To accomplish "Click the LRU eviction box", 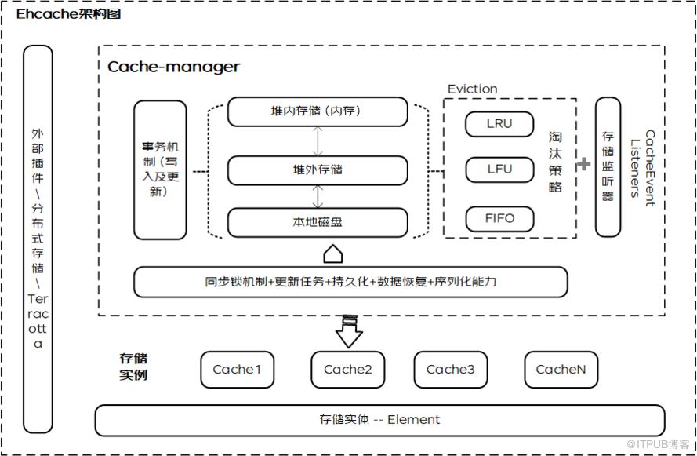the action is click(499, 124).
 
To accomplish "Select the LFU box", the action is click(499, 170).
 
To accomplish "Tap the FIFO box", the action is click(499, 219).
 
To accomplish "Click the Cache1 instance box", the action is click(237, 370).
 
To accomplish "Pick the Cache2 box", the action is click(347, 370).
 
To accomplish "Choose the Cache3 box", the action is click(450, 370).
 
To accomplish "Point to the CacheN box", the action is click(561, 370).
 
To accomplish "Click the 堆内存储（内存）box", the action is click(318, 111).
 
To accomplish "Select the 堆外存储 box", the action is click(318, 170).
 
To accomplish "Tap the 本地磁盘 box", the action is click(318, 222).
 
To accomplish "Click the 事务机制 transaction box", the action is click(160, 170).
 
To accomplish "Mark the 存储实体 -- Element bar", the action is click(380, 421).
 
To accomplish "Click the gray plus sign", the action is click(583, 164).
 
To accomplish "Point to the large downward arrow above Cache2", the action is click(349, 332).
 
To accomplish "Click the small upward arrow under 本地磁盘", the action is click(333, 254).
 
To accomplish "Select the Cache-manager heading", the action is click(173, 67).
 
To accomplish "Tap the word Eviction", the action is click(472, 89).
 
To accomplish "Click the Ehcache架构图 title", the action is click(68, 14).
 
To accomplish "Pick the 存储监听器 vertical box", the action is click(608, 167).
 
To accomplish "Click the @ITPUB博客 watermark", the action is click(658, 444).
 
